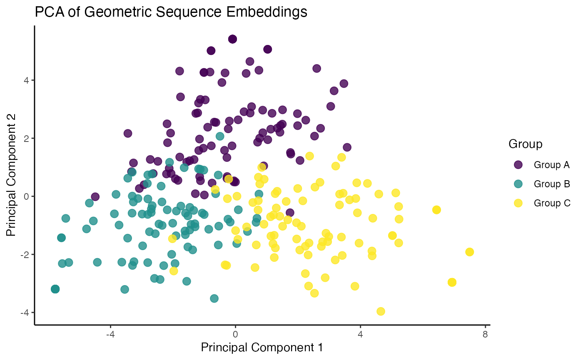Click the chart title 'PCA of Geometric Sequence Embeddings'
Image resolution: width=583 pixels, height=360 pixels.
click(171, 12)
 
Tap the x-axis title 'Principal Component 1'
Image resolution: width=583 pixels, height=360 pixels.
click(262, 348)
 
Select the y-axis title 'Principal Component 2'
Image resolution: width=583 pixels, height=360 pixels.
click(11, 175)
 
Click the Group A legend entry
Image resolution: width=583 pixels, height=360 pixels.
click(542, 165)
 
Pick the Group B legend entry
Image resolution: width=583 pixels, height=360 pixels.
click(542, 184)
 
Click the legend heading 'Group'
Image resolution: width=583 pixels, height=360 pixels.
click(525, 144)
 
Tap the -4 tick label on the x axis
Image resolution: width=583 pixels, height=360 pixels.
click(110, 334)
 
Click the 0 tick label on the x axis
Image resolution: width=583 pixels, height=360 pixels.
click(235, 334)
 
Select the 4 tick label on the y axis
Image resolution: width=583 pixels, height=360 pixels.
click(26, 80)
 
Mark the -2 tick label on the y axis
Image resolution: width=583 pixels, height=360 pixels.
click(25, 254)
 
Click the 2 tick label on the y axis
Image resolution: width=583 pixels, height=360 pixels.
click(26, 138)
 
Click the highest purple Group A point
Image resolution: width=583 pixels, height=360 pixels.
click(232, 39)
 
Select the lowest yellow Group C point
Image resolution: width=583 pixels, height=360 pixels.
click(381, 311)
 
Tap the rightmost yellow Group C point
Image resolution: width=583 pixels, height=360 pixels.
click(470, 252)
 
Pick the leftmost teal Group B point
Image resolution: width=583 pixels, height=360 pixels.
click(55, 289)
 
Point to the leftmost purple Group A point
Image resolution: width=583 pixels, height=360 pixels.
click(95, 196)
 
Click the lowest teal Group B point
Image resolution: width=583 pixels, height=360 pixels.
click(214, 298)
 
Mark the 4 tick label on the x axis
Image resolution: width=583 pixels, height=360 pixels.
click(360, 334)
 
